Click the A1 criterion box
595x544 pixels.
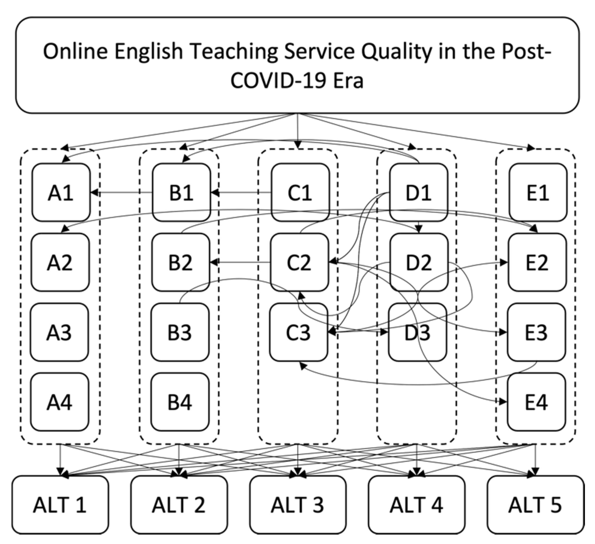pyautogui.click(x=61, y=192)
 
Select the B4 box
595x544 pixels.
pyautogui.click(x=180, y=402)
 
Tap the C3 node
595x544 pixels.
pyautogui.click(x=298, y=332)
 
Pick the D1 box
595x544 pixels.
pyautogui.click(x=418, y=192)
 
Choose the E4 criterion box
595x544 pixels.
pyautogui.click(x=537, y=402)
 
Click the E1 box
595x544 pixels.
pyautogui.click(x=538, y=192)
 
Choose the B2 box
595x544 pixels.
pyautogui.click(x=181, y=262)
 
